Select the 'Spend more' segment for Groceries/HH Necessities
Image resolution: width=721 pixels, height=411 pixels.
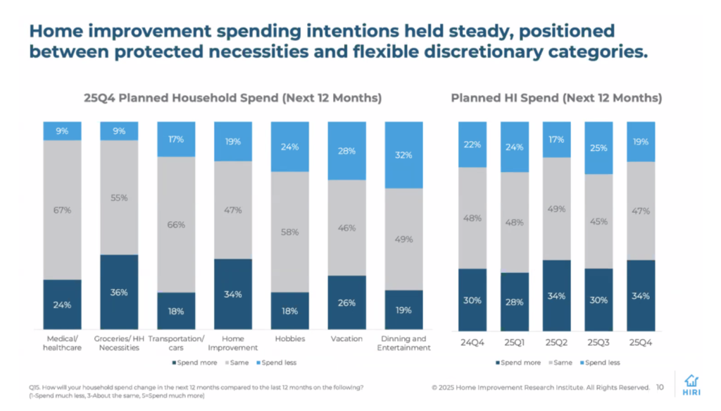point(119,293)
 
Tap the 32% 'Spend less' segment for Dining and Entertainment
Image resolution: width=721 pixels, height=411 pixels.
point(403,155)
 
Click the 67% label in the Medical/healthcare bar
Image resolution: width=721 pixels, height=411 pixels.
point(62,209)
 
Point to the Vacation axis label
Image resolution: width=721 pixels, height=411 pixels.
point(346,339)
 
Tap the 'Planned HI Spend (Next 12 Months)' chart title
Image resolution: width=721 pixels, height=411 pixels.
point(556,98)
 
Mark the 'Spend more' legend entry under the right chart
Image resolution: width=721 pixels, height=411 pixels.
point(518,362)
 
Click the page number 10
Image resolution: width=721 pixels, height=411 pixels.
point(660,387)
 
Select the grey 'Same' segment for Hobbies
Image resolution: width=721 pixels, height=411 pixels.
point(289,231)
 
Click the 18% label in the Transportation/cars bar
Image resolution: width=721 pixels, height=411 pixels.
point(176,312)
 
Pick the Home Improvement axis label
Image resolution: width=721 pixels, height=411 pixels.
point(233,343)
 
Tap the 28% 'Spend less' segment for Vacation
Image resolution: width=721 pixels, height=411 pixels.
point(346,151)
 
